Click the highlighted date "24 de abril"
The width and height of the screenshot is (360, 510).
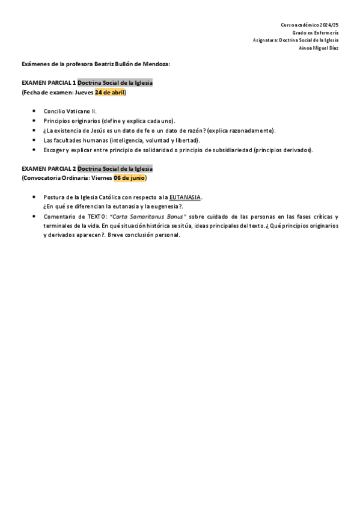click(x=109, y=93)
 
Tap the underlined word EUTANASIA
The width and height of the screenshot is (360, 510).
click(x=185, y=197)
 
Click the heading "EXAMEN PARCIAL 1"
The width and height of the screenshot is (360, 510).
click(x=49, y=83)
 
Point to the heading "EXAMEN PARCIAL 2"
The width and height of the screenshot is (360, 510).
click(x=49, y=168)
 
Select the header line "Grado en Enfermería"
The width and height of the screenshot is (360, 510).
click(x=316, y=32)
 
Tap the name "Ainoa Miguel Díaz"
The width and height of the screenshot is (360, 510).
click(x=319, y=48)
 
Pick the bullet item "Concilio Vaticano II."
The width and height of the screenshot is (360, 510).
click(x=70, y=111)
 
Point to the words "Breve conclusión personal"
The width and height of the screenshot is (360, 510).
click(x=145, y=235)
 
